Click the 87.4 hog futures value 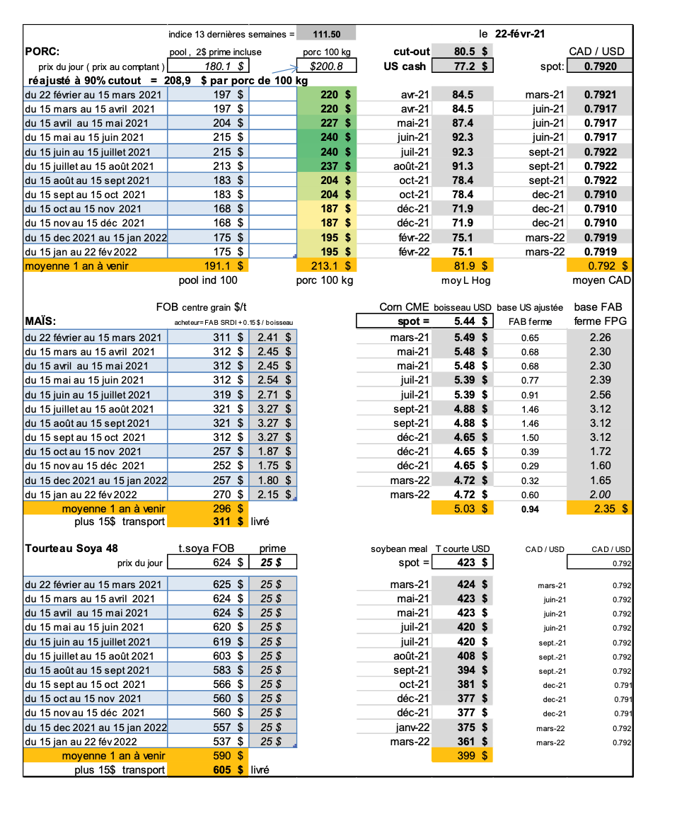point(462,123)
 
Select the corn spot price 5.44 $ point(470,321)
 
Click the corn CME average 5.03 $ point(470,508)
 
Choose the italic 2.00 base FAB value point(600,495)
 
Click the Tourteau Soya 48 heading point(71,549)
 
